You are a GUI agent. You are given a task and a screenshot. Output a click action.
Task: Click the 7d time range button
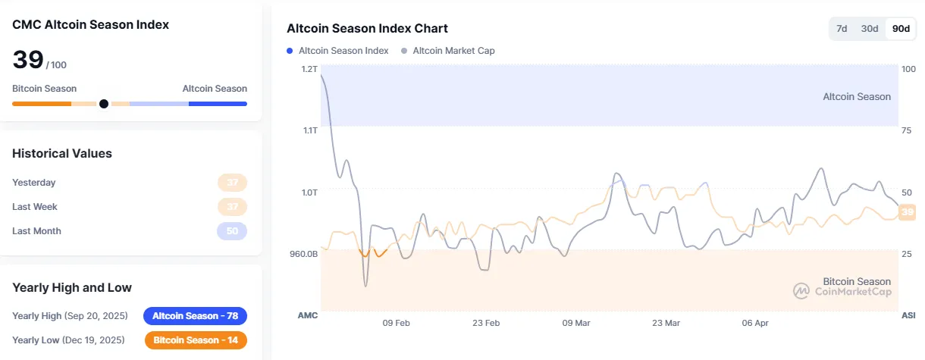tap(842, 29)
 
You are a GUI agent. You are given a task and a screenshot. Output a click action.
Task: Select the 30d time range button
tap(869, 29)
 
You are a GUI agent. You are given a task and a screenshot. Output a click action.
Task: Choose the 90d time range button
tap(901, 29)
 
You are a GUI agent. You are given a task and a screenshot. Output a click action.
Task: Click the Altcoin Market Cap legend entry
tap(453, 51)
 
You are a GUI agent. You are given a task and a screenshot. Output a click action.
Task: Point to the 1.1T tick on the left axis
tap(309, 130)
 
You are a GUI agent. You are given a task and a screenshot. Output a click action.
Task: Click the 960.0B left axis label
tap(303, 254)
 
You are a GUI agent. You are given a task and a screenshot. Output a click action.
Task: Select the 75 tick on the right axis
tap(908, 130)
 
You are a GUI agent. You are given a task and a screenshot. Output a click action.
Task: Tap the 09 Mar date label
tap(576, 323)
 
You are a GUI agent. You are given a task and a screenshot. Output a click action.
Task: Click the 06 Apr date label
tap(755, 323)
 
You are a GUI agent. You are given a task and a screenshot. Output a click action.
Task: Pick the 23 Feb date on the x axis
tap(486, 323)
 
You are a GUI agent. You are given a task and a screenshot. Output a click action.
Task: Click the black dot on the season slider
tap(104, 104)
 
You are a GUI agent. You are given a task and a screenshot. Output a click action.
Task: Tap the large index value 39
tap(28, 60)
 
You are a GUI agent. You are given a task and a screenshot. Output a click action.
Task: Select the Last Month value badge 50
tap(232, 231)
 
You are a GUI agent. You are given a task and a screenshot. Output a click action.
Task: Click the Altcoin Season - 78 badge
tap(195, 316)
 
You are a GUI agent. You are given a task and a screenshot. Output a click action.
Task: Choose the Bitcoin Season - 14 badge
tap(195, 340)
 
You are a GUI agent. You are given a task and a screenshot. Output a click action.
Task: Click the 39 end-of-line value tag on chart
tap(907, 212)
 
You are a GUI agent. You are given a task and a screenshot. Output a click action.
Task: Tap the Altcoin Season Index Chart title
tap(367, 29)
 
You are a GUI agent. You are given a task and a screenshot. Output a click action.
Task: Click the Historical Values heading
tap(62, 153)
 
